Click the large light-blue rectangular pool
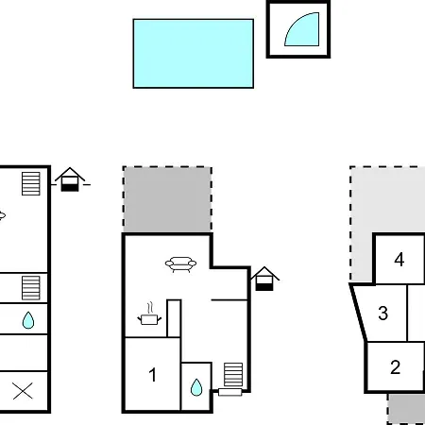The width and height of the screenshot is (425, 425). click(194, 54)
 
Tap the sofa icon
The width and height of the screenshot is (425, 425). click(180, 264)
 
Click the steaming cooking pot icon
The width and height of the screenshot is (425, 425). click(149, 314)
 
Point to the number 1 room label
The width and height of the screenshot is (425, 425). click(153, 375)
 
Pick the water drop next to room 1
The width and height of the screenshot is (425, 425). click(196, 387)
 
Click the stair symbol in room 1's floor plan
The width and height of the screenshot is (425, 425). click(233, 374)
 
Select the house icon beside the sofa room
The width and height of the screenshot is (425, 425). click(264, 279)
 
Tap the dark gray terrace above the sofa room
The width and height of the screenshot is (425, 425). click(167, 199)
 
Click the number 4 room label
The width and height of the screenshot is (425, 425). click(399, 260)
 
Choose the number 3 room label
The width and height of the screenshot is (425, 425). click(382, 314)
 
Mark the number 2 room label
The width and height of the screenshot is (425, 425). click(396, 367)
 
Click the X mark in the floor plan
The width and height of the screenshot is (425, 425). click(23, 391)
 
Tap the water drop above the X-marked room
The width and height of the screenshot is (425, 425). click(28, 320)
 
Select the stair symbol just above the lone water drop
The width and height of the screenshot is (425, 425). click(31, 288)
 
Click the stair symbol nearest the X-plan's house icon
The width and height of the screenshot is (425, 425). click(31, 183)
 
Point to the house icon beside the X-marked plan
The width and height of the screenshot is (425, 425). click(70, 179)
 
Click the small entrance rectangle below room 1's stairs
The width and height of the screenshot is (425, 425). click(230, 392)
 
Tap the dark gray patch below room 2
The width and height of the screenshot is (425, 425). click(406, 408)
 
